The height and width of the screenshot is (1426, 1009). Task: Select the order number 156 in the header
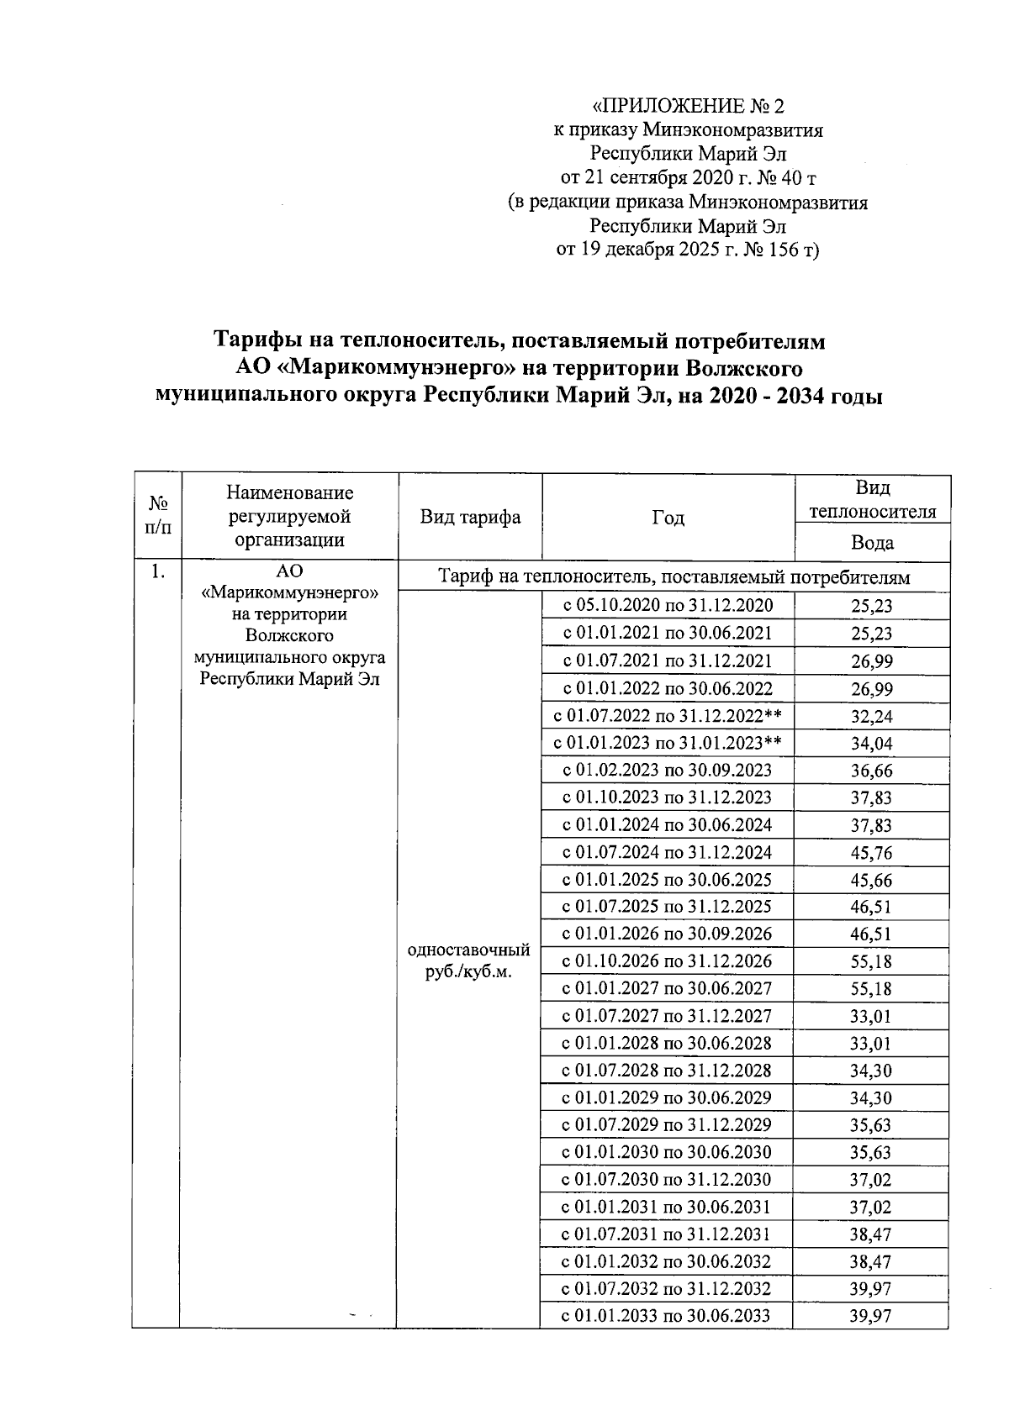click(782, 250)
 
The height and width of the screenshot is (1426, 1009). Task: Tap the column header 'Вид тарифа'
click(470, 518)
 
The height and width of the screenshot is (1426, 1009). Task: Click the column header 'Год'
click(668, 518)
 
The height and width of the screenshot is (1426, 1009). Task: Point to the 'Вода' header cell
click(872, 543)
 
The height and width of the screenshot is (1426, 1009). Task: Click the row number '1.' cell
click(157, 573)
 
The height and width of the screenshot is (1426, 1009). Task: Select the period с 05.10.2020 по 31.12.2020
click(667, 606)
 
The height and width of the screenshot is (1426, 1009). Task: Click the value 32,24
click(871, 717)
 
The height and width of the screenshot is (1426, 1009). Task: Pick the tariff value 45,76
click(871, 853)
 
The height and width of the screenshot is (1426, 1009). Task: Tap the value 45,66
click(871, 881)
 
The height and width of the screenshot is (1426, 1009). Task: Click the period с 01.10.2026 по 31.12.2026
click(667, 961)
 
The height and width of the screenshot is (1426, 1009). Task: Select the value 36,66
click(871, 771)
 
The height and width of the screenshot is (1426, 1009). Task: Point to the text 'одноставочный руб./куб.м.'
click(468, 960)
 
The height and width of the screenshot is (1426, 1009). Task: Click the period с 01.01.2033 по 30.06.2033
click(667, 1316)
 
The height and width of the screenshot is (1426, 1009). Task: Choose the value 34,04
click(871, 744)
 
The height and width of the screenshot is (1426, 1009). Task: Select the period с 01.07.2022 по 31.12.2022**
click(667, 716)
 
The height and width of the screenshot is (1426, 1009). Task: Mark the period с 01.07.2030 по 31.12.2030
click(667, 1179)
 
